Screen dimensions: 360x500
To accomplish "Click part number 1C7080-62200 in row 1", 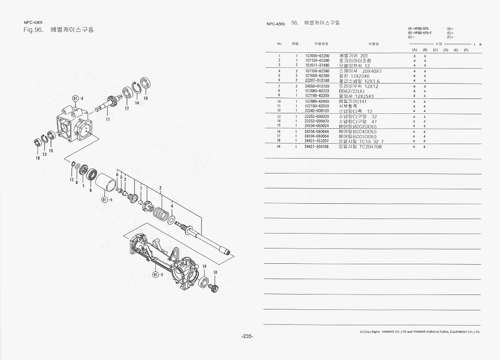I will (x=317, y=56).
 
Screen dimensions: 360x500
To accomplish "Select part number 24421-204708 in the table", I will (x=317, y=146).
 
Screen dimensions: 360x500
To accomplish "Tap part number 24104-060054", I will (x=317, y=136).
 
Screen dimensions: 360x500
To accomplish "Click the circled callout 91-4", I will (x=76, y=99).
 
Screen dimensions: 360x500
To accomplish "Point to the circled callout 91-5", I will (x=104, y=200).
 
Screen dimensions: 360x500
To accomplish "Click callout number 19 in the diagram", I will (x=145, y=98).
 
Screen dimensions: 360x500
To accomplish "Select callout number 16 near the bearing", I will (x=204, y=266).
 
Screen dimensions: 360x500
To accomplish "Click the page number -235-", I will (x=247, y=337).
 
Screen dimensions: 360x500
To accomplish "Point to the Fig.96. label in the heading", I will (x=33, y=30).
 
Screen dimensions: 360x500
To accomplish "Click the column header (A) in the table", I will (x=415, y=50).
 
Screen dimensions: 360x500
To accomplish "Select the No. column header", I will (x=280, y=44).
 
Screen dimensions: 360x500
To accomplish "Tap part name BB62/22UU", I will (x=351, y=91).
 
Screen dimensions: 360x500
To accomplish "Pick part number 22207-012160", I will (x=317, y=80).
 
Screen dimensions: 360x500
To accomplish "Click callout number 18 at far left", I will (x=37, y=158).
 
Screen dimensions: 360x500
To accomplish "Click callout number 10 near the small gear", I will (x=215, y=272).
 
